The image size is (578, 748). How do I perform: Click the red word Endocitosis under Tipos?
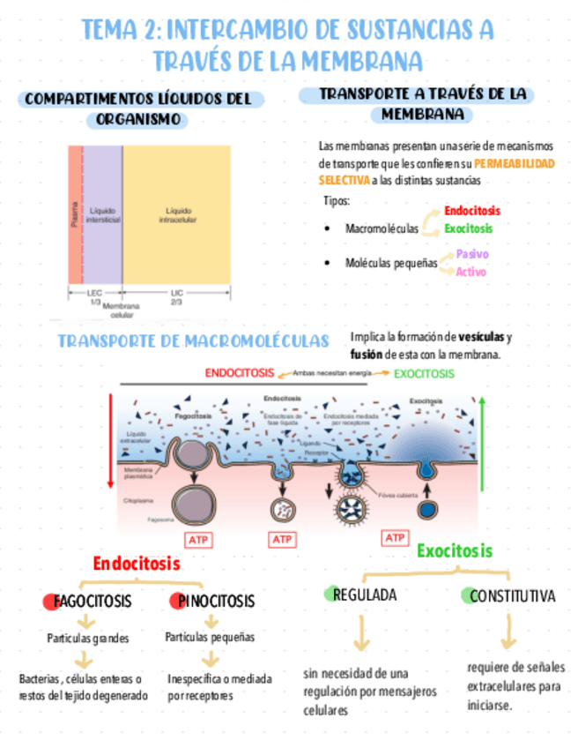click(x=471, y=211)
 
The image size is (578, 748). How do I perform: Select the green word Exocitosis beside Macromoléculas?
click(x=468, y=228)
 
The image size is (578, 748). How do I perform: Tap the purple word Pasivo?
click(x=472, y=254)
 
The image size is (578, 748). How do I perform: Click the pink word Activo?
click(x=471, y=271)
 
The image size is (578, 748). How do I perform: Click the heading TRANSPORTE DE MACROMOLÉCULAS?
click(x=193, y=341)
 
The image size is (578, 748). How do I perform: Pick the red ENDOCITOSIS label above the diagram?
click(x=239, y=373)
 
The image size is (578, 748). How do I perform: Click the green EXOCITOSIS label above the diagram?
click(x=424, y=373)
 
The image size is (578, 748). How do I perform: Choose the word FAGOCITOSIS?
click(x=93, y=602)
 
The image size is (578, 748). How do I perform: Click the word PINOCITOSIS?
click(x=216, y=602)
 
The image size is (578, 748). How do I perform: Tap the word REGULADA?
click(x=364, y=595)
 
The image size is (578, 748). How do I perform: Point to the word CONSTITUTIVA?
click(x=512, y=596)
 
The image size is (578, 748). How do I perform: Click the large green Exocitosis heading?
click(x=454, y=551)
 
